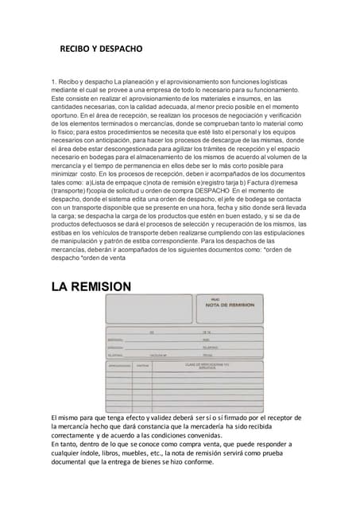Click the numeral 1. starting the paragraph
pos(53,81)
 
